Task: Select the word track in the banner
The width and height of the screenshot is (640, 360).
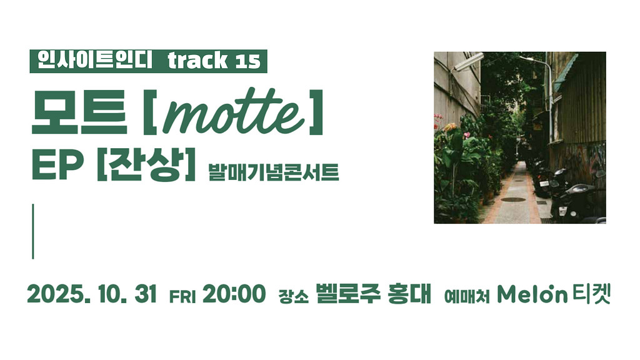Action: [197, 61]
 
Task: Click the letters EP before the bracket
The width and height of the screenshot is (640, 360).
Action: [58, 166]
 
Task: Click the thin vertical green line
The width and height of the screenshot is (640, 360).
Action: [32, 231]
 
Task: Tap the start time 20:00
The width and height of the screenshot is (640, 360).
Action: [234, 294]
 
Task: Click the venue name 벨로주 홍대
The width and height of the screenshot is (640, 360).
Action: [374, 294]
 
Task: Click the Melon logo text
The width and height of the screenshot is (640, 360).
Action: [532, 294]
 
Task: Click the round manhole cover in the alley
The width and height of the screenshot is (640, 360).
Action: [513, 200]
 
